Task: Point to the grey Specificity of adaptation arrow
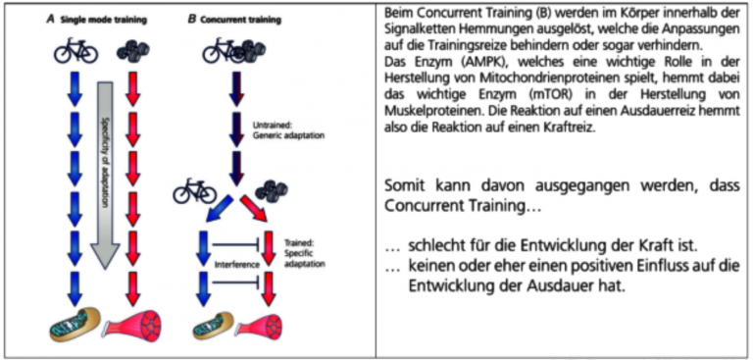106,177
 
